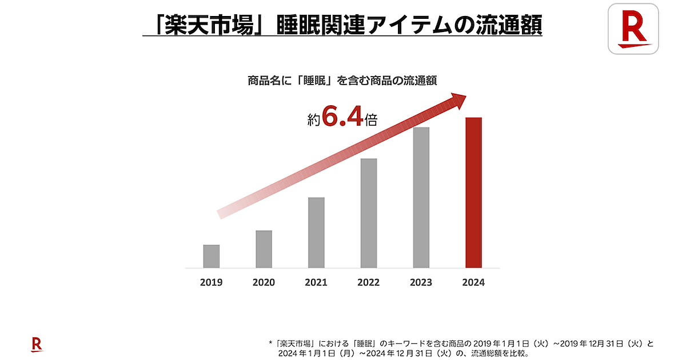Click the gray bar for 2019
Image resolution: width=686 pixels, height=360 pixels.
(212, 256)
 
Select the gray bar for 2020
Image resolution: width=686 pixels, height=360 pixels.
(264, 249)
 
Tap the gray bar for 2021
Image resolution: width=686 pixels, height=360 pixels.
(316, 233)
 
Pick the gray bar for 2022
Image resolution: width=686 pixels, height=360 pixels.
(369, 213)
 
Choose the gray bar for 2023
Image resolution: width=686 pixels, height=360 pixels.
(421, 197)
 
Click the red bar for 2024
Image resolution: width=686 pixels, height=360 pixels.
(474, 193)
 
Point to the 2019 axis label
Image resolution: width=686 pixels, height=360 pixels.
(212, 282)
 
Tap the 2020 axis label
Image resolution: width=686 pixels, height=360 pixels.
(264, 282)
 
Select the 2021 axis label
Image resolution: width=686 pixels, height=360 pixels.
(316, 282)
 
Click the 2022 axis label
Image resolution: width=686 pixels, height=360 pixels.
(369, 282)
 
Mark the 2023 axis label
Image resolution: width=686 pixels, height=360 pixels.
(421, 282)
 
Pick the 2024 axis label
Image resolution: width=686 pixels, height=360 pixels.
(474, 282)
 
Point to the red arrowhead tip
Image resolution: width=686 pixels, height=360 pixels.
(465, 95)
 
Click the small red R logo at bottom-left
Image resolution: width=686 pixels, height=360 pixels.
(37, 344)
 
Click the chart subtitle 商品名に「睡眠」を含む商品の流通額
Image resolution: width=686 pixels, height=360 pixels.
(342, 80)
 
